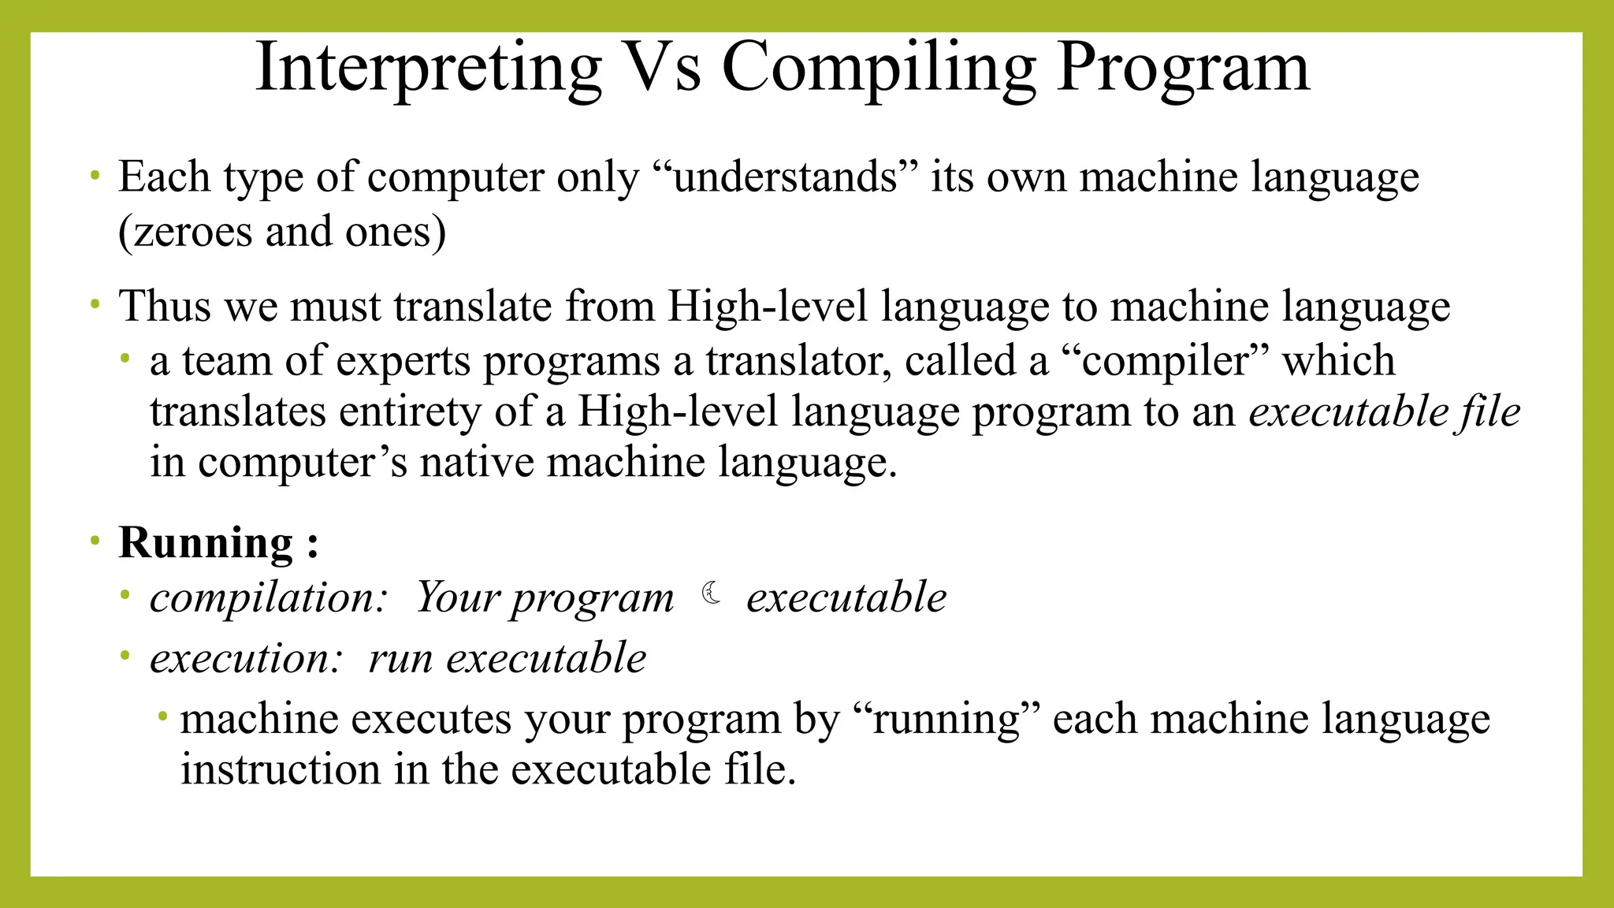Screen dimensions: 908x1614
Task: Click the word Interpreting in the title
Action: click(x=429, y=69)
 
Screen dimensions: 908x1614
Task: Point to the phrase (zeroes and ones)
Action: click(x=282, y=232)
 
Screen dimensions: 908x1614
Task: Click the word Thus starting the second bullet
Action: click(x=165, y=306)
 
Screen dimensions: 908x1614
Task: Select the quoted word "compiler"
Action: click(x=1166, y=361)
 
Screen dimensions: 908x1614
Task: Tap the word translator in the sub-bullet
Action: click(x=798, y=361)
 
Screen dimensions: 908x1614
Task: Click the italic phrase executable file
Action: click(x=1384, y=411)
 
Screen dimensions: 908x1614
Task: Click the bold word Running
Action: click(x=206, y=543)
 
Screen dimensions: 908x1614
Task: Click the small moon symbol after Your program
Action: click(x=712, y=593)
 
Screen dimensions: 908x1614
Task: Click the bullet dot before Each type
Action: click(x=95, y=175)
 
